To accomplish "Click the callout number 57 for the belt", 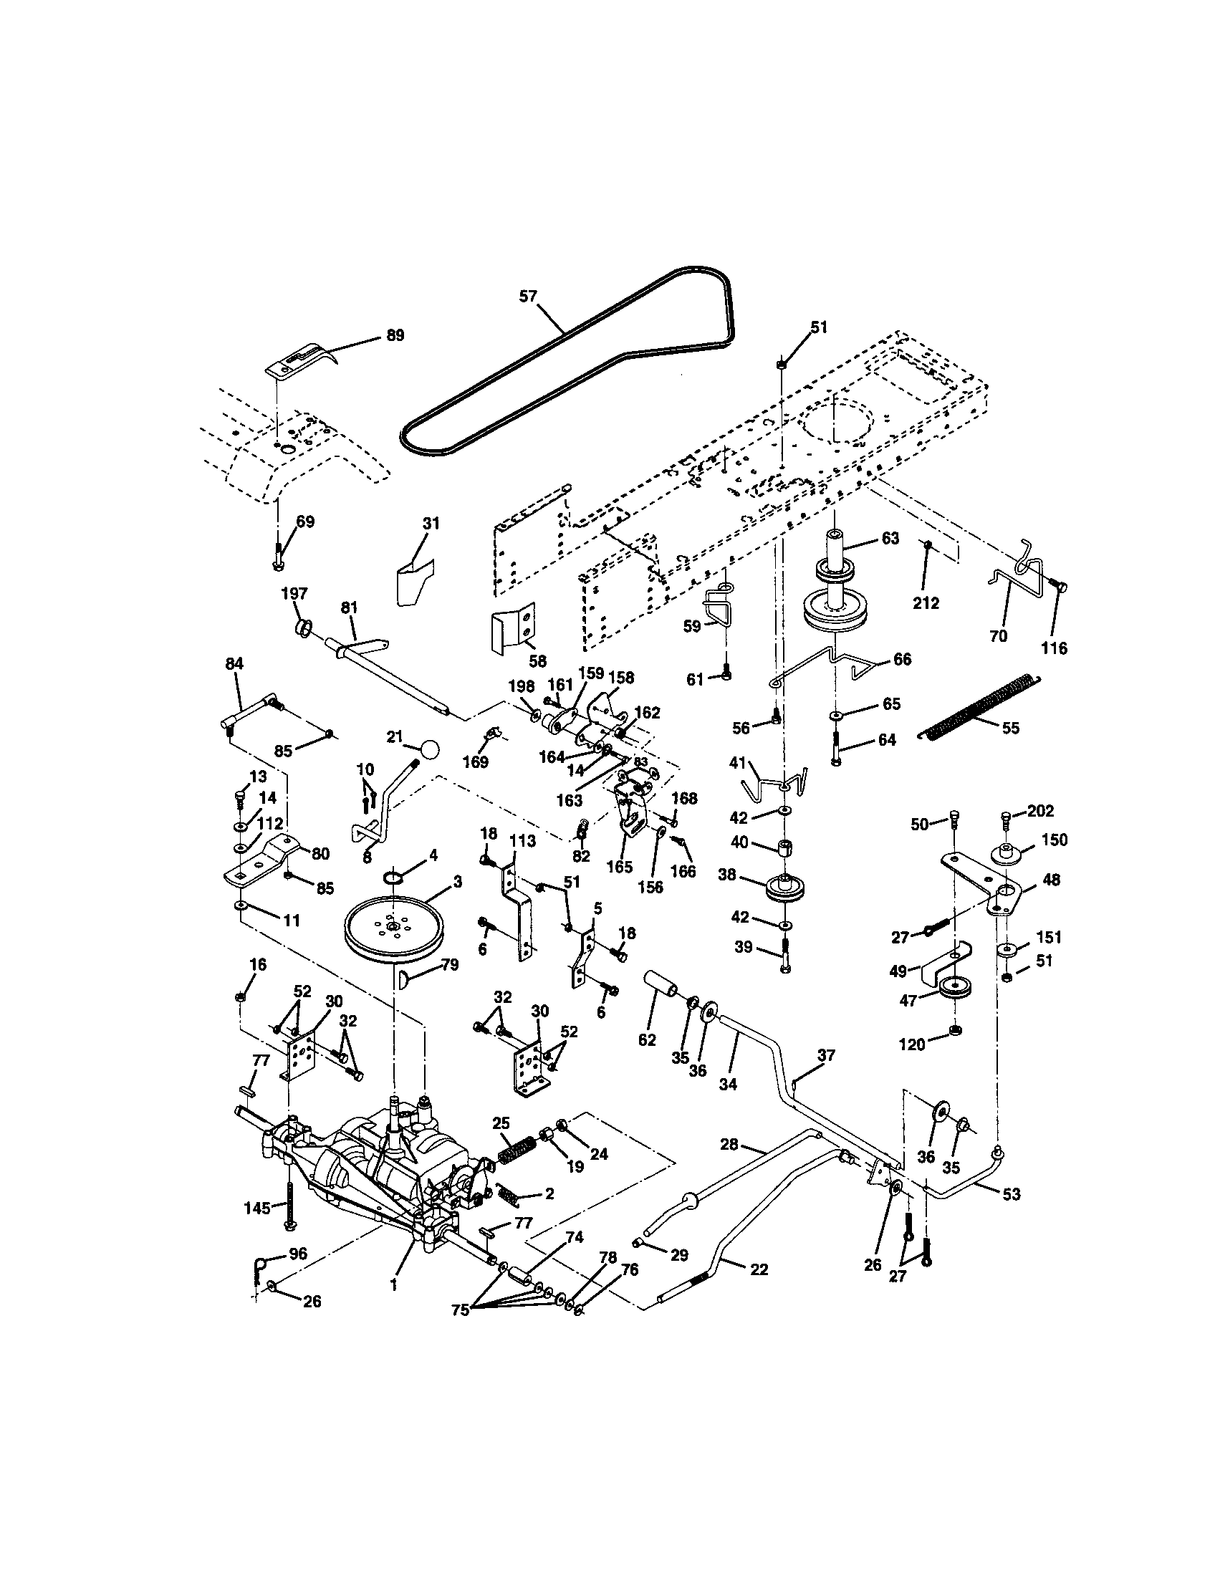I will coord(528,296).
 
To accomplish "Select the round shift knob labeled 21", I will coord(430,749).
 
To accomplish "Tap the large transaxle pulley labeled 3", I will coord(393,928).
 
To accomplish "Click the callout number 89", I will coord(395,335).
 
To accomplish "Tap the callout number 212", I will coord(926,602).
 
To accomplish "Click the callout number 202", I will coord(1040,811).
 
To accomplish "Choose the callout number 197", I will coord(294,593).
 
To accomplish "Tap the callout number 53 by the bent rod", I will coord(1012,1194).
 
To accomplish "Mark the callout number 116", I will coord(1054,648).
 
